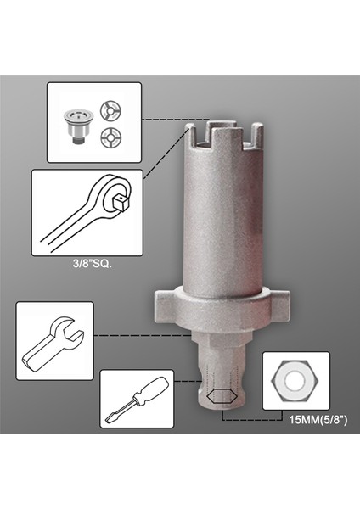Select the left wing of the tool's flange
click(167, 304)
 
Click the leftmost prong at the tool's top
click(194, 134)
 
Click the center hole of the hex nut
click(295, 381)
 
